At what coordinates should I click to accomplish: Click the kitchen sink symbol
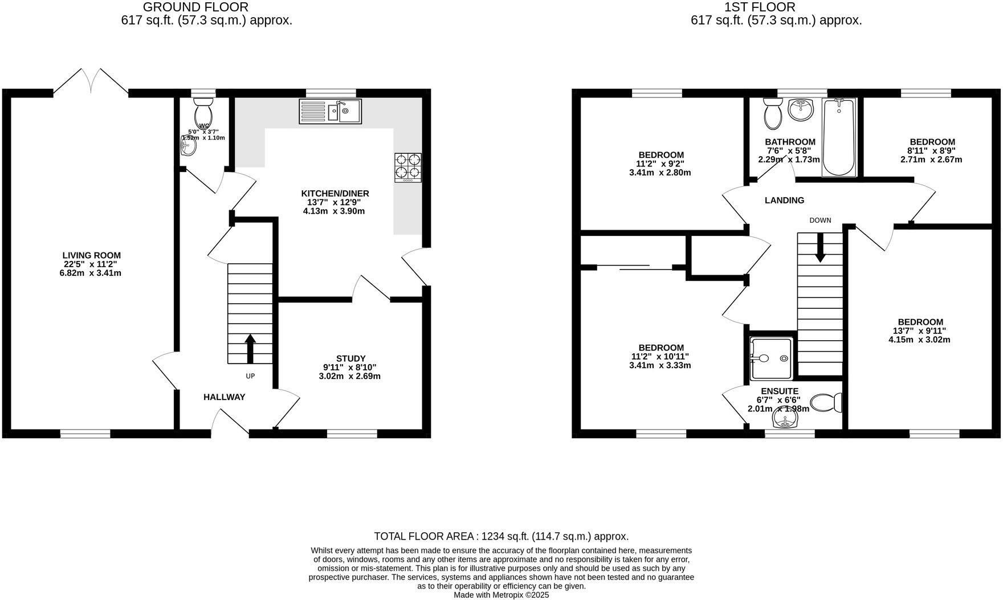[x=331, y=111]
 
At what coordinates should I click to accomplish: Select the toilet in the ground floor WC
[x=203, y=112]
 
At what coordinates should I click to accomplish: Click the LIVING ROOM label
[x=92, y=255]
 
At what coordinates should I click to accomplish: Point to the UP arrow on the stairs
[x=250, y=348]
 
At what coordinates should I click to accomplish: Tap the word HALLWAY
[x=225, y=397]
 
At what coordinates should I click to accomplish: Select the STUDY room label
[x=350, y=358]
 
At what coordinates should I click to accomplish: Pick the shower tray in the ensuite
[x=770, y=358]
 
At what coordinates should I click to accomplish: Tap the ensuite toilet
[x=826, y=403]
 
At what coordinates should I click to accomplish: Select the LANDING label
[x=784, y=201]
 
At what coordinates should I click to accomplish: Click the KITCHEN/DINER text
[x=338, y=194]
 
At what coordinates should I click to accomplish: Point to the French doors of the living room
[x=91, y=81]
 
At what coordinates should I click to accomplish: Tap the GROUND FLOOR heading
[x=195, y=7]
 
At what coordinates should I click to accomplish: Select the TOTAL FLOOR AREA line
[x=501, y=536]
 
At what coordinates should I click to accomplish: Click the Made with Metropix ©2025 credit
[x=501, y=595]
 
